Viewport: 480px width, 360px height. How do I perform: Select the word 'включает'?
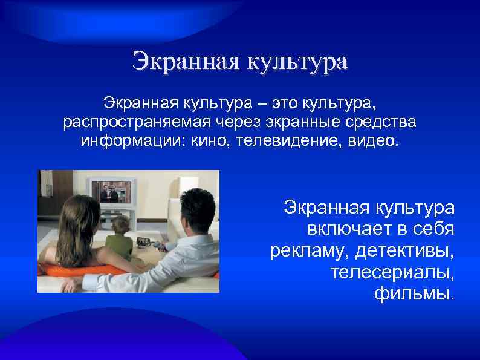[x=350, y=231]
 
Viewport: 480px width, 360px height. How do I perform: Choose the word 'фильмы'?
[x=413, y=295]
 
